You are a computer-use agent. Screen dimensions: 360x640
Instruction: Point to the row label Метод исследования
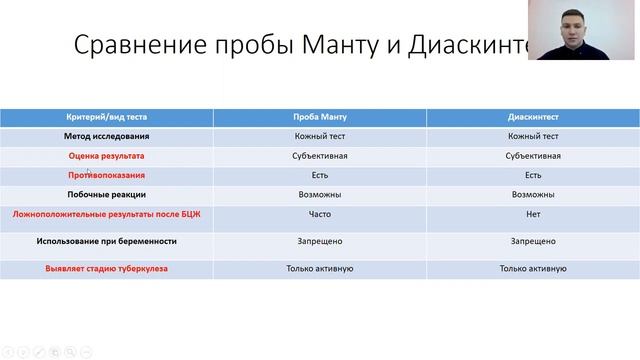coord(107,137)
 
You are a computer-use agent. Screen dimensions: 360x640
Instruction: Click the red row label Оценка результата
coord(107,156)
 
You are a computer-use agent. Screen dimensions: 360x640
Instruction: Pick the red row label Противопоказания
coord(107,175)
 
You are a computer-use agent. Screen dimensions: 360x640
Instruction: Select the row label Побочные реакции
coord(107,194)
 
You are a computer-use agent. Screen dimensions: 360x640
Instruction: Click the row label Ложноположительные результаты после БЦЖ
coord(107,214)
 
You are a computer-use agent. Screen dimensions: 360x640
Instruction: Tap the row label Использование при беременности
coord(107,241)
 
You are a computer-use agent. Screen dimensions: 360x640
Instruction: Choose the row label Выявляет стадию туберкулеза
coord(107,269)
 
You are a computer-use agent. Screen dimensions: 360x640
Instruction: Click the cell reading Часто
coord(320,214)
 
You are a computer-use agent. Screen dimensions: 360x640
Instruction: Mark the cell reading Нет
coord(533,214)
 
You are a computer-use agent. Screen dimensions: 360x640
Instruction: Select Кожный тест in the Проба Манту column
coord(320,137)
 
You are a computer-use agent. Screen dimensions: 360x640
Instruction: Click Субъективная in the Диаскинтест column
coord(533,156)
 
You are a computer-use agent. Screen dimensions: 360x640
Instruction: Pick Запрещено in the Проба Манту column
coord(320,241)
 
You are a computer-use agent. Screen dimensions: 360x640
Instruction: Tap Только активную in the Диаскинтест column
coord(533,269)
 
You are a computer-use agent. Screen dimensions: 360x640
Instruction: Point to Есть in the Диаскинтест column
coord(533,175)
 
